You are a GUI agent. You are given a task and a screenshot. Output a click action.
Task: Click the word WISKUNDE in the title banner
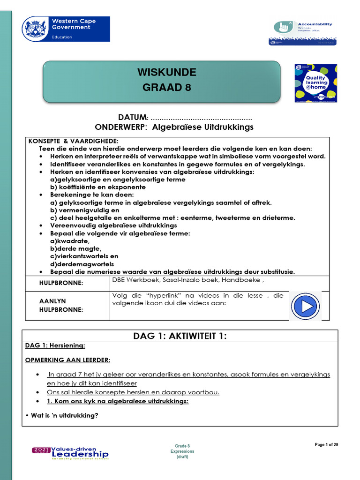tap(166, 73)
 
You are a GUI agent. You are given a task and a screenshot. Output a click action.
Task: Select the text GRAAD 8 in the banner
tap(166, 88)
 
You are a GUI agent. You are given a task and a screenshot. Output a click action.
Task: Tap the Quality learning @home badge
tap(315, 83)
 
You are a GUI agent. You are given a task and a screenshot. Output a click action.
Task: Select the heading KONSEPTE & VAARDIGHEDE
tap(74, 141)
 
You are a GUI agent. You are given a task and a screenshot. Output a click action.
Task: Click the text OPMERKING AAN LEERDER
tap(67, 360)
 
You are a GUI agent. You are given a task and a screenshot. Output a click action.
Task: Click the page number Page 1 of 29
tap(326, 445)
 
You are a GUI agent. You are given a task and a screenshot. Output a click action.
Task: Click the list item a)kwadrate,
tap(69, 241)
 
